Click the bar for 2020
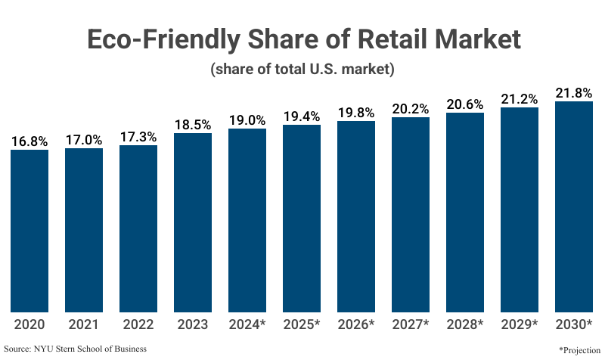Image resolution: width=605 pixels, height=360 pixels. pyautogui.click(x=29, y=231)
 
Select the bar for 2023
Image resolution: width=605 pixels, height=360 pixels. pyautogui.click(x=193, y=222)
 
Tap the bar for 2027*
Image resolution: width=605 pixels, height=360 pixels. pyautogui.click(x=411, y=215)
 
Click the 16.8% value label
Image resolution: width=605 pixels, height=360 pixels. pyautogui.click(x=29, y=140)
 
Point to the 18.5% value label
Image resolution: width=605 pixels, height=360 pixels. pyautogui.click(x=193, y=124)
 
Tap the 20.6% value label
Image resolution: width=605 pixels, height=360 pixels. pyautogui.click(x=465, y=105)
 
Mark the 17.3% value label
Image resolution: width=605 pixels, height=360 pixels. pyautogui.click(x=138, y=136)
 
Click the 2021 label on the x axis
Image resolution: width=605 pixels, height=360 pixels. pyautogui.click(x=84, y=325)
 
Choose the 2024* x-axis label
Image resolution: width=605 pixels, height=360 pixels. pyautogui.click(x=247, y=325)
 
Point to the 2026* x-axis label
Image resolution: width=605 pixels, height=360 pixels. pyautogui.click(x=356, y=325)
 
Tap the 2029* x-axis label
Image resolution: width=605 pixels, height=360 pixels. pyautogui.click(x=520, y=325)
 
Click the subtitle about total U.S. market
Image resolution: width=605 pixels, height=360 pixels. pyautogui.click(x=302, y=70)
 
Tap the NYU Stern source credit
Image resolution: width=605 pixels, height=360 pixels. pyautogui.click(x=75, y=349)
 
